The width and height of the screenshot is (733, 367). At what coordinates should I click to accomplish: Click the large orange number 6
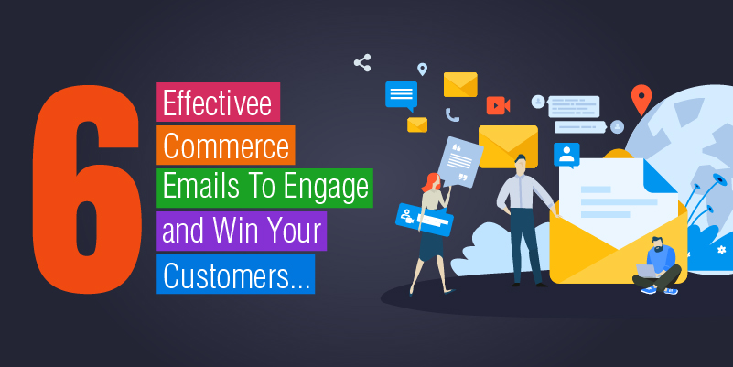87,189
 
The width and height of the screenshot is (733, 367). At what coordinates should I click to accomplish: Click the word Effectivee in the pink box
218,103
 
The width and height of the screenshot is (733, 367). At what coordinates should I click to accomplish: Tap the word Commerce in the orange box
226,146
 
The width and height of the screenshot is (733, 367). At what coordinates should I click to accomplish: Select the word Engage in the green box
326,188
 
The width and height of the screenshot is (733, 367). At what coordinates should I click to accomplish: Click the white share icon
362,62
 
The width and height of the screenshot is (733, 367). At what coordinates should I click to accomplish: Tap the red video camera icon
498,105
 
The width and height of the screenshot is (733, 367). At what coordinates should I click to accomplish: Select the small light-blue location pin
422,70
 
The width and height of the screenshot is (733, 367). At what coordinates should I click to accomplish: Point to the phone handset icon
452,115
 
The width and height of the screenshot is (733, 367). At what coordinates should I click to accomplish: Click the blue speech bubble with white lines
401,96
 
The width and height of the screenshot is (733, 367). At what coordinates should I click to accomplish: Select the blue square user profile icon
566,156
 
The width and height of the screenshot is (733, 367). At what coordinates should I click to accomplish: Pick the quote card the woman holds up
459,162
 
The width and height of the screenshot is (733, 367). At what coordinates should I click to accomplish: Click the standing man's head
520,164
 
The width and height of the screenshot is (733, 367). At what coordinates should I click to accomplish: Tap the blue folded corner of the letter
658,178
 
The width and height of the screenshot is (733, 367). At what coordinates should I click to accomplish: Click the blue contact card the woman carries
425,220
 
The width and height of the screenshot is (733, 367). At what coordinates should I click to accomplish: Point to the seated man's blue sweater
661,260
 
